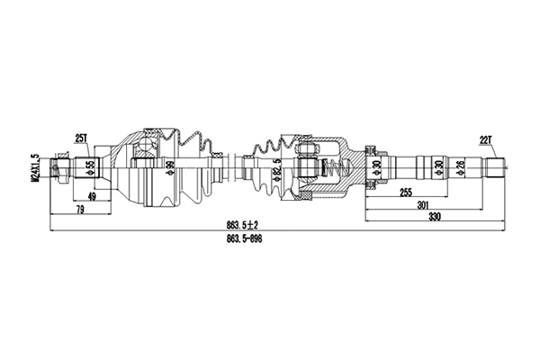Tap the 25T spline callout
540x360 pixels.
(81, 138)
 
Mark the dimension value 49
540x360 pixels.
(93, 195)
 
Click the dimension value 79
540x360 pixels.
(79, 211)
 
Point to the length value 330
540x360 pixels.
(434, 218)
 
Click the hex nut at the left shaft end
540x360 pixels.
(61, 167)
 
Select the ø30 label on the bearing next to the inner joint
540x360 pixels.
(376, 166)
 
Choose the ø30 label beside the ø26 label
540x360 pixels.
(438, 166)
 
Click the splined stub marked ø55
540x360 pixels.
(84, 167)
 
